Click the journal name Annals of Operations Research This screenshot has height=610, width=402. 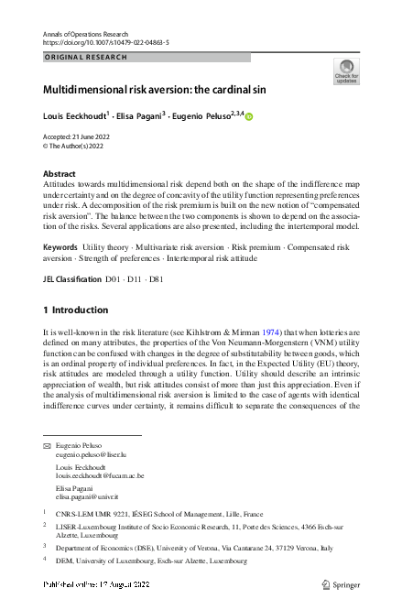coord(88,33)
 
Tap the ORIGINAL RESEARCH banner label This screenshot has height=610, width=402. coord(84,57)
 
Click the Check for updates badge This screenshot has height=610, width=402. coord(346,71)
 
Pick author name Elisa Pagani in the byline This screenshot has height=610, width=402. coord(144,116)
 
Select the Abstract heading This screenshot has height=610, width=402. coord(60,173)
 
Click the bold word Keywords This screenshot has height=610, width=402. coord(60,248)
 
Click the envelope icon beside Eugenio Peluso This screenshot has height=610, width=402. coord(47,444)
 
